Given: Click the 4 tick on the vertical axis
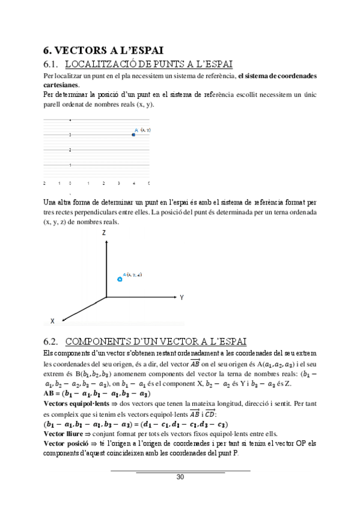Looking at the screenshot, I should click(70, 120).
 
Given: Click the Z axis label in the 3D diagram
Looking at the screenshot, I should click(105, 232).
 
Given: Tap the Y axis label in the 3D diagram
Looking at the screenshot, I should click(181, 298).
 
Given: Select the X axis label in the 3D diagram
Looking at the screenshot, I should click(53, 321).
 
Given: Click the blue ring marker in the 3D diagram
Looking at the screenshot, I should click(120, 279).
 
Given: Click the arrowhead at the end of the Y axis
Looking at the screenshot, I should click(174, 297).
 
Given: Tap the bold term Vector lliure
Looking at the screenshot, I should click(63, 432).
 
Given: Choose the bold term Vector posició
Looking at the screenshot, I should click(66, 443).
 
